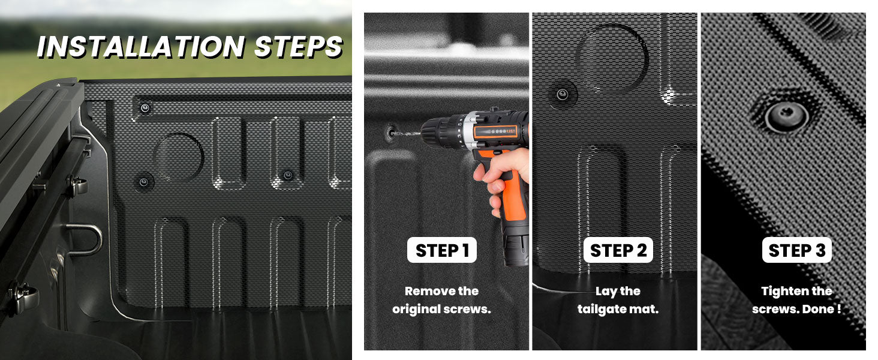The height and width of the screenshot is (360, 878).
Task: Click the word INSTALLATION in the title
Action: pyautogui.click(x=141, y=47)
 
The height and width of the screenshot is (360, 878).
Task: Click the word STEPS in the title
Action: pyautogui.click(x=298, y=47)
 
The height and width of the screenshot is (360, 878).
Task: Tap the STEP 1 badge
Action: pyautogui.click(x=441, y=251)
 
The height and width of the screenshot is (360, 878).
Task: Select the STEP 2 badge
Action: pyautogui.click(x=618, y=251)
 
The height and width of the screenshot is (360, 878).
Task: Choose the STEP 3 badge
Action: pyautogui.click(x=796, y=251)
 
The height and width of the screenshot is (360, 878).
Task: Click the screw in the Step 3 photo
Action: pyautogui.click(x=779, y=113)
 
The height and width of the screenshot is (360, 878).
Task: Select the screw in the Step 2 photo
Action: pyautogui.click(x=563, y=94)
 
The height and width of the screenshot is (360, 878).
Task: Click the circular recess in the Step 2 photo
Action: pyautogui.click(x=612, y=58)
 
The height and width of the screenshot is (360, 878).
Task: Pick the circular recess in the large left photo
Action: pyautogui.click(x=179, y=157)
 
